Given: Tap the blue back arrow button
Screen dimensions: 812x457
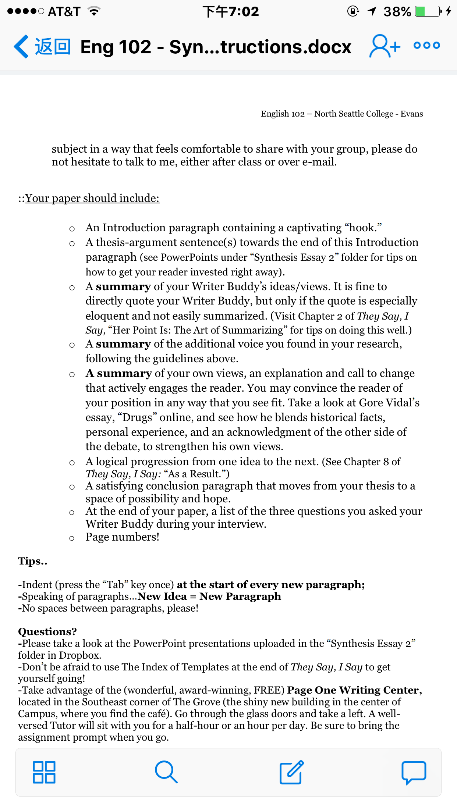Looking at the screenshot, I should click(x=21, y=47).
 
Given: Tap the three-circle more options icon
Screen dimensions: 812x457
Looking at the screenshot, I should click(x=427, y=46).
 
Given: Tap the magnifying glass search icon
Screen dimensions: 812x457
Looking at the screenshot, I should click(x=166, y=772).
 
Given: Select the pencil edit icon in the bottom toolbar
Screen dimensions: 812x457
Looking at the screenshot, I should click(x=291, y=772).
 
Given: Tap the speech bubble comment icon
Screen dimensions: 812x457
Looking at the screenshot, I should click(x=414, y=772).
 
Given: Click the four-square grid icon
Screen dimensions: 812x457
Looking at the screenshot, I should click(x=44, y=772).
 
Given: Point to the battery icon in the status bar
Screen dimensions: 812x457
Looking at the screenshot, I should click(x=428, y=11).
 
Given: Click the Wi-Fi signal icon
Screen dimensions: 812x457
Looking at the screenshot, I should click(x=95, y=11).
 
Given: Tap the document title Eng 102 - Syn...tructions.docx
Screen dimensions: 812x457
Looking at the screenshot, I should click(x=216, y=47).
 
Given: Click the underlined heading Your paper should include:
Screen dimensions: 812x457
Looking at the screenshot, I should click(x=92, y=198).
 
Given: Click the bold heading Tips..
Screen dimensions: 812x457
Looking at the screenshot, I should click(x=32, y=561).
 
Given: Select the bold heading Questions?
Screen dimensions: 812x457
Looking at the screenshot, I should click(x=47, y=631).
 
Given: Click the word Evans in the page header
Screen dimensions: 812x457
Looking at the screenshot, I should click(x=411, y=114).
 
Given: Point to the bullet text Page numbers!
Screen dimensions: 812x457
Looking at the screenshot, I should click(x=123, y=537).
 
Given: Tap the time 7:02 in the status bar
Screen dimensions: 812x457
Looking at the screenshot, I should click(x=244, y=11).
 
